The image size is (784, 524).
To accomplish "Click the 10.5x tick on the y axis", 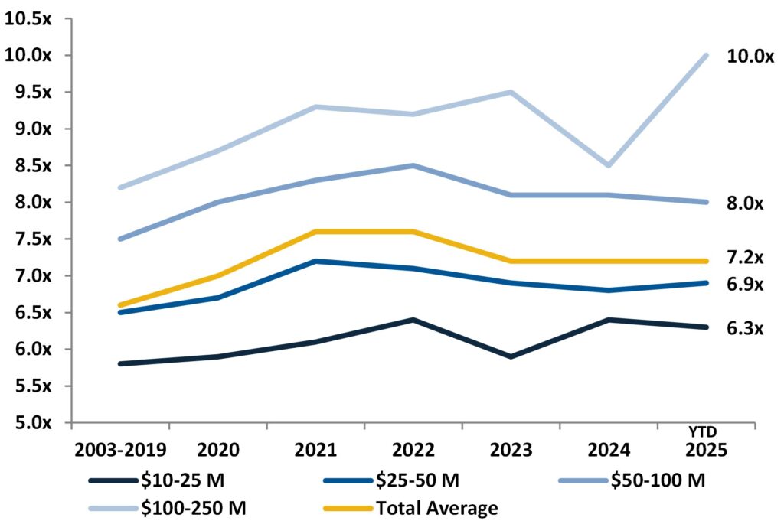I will [28, 19].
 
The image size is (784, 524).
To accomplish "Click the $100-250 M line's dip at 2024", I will [609, 165].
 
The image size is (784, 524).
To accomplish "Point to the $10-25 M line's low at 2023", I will [511, 356].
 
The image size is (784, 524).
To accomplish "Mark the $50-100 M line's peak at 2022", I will [413, 165].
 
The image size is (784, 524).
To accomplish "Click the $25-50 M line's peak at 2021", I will [315, 261].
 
